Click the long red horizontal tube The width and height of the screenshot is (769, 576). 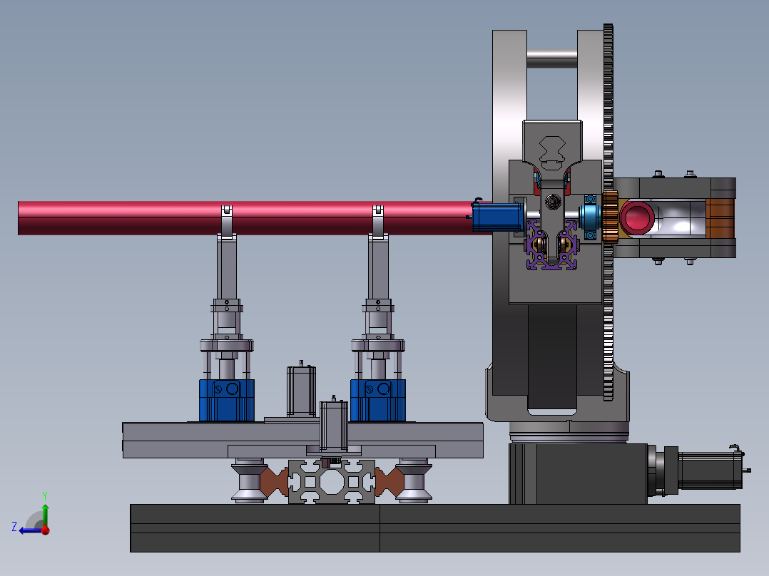(245, 217)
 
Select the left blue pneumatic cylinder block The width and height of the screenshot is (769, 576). (227, 400)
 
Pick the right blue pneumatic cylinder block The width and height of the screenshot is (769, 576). (378, 400)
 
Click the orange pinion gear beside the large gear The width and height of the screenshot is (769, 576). (610, 217)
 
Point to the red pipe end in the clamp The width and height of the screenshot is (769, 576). (636, 217)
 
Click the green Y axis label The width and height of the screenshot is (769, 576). (45, 495)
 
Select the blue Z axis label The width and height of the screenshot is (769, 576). (14, 527)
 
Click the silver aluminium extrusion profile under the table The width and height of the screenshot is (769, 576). (332, 481)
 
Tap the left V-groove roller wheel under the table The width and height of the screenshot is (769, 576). (249, 480)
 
